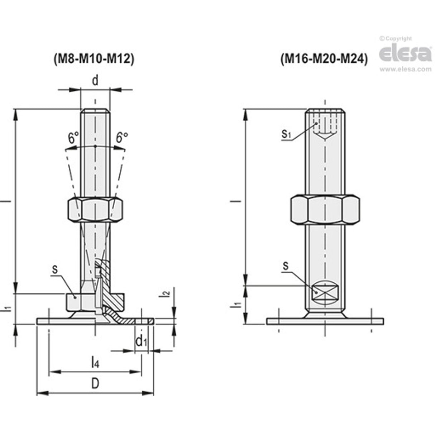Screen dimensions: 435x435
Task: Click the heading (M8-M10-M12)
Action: pos(94,58)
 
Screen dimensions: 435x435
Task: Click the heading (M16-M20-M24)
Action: pos(324,58)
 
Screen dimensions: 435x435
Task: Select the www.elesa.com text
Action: pos(405,69)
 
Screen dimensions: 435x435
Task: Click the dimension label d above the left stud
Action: pos(95,81)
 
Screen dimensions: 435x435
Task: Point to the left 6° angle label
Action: pos(73,138)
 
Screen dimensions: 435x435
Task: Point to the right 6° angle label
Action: pos(122,137)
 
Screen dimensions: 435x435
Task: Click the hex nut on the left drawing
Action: pos(95,209)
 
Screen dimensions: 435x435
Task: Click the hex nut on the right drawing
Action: pos(325,210)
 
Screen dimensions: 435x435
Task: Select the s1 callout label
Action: pos(286,134)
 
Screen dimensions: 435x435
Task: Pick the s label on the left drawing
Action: pos(55,269)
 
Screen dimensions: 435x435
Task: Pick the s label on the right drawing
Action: pos(286,266)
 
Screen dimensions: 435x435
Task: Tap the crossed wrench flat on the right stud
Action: pos(325,292)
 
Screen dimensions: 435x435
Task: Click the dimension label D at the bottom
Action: pos(95,383)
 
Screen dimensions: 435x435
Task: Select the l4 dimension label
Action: pos(95,362)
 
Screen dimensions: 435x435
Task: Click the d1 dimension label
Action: pos(141,341)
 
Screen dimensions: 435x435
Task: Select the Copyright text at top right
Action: pos(396,39)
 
